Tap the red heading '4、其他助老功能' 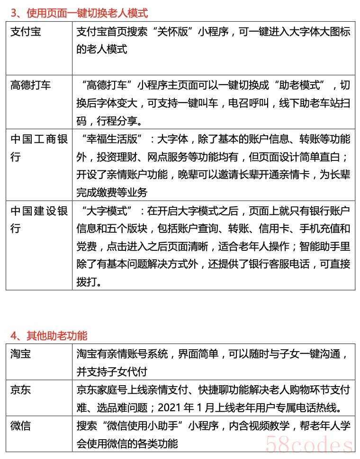[49, 335]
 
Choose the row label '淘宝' [20, 353]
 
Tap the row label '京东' [20, 389]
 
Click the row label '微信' [20, 425]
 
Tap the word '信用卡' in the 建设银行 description [273, 229]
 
